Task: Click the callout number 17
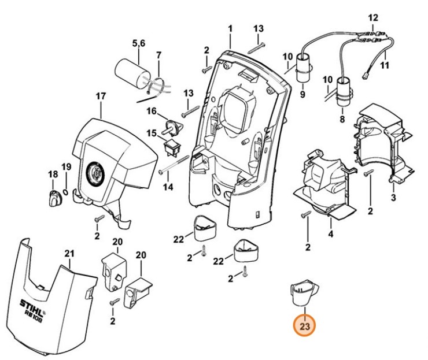101,96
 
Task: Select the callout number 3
393,198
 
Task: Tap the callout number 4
330,234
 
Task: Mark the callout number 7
159,55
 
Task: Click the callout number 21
70,253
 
